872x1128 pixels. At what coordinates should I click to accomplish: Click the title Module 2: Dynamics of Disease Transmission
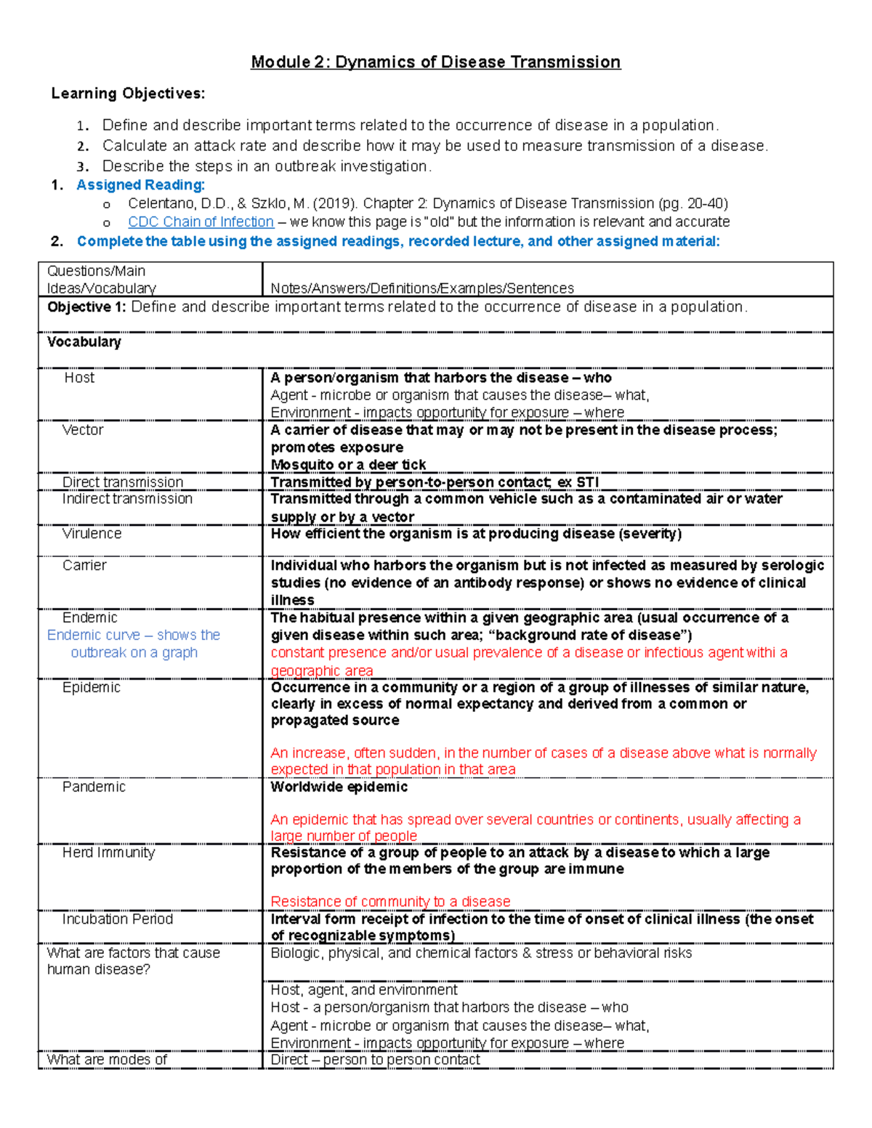coord(435,62)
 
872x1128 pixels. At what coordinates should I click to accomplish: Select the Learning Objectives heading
coord(128,94)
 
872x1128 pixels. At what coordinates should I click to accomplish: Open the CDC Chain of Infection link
coord(201,222)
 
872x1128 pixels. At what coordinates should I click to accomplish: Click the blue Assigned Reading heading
coord(140,185)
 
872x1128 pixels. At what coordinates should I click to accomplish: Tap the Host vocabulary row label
coord(79,378)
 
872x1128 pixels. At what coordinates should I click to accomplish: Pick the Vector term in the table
coord(83,430)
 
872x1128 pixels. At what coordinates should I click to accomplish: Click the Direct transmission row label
coord(122,482)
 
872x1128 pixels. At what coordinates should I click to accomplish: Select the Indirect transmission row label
coord(127,499)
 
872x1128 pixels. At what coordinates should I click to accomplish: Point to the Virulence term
coord(92,534)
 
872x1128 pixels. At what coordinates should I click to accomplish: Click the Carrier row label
coord(84,566)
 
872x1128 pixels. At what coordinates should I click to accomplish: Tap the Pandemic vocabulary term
coord(94,787)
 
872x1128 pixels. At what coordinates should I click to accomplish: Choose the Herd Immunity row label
coord(108,853)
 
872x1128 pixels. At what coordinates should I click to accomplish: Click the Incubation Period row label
coord(117,920)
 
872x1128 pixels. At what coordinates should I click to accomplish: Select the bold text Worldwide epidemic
coord(339,787)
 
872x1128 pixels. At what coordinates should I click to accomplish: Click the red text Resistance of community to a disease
coord(390,901)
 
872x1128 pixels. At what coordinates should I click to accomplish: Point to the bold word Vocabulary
coord(84,342)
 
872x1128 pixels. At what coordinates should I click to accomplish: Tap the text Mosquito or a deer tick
coord(348,465)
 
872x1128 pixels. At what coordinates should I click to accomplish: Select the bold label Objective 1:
coord(86,307)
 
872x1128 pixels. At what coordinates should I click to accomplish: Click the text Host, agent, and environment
coord(364,990)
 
